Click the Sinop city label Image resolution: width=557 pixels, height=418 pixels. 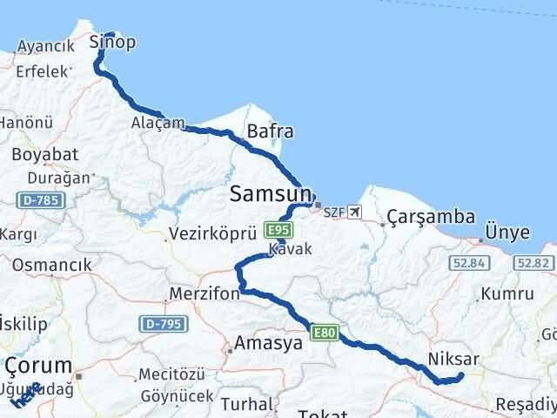[113, 43]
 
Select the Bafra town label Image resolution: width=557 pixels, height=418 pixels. [270, 132]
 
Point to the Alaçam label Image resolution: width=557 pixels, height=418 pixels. [158, 124]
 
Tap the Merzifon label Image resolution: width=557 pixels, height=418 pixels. [205, 293]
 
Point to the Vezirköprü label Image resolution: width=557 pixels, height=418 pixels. [213, 234]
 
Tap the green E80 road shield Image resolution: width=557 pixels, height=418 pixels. [324, 331]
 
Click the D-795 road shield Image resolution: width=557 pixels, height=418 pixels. [159, 324]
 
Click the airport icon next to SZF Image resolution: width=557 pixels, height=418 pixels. [353, 212]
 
